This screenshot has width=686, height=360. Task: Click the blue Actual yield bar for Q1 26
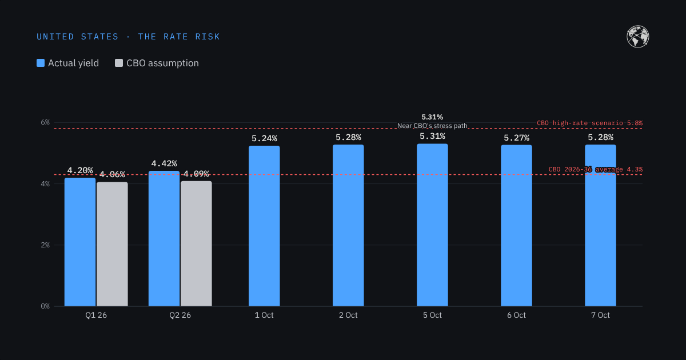pos(80,242)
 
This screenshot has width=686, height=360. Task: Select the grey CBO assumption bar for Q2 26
pos(196,243)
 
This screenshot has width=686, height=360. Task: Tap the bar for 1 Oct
pos(264,226)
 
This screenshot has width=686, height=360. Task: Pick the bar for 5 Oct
pos(432,225)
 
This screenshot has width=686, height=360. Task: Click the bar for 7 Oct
pos(600,225)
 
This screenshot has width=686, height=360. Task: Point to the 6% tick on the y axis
pos(45,122)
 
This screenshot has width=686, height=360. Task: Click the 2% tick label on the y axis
pos(45,245)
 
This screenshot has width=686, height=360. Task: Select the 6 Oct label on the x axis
pos(516,315)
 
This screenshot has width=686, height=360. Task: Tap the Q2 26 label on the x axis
pos(180,315)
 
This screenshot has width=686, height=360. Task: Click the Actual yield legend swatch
pos(41,63)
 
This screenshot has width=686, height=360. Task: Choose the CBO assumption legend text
pos(162,63)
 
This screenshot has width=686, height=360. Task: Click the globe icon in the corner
pos(637,37)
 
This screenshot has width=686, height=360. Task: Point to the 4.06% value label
pos(112,174)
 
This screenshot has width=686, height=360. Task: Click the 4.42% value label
pos(164,163)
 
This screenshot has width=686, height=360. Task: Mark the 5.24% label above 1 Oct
pos(264,138)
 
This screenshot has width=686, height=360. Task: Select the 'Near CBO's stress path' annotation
pos(432,126)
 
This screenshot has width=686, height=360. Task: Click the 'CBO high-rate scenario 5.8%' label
pos(589,123)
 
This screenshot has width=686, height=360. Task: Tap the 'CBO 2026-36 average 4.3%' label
pos(595,169)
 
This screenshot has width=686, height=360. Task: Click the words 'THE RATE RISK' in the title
pos(179,37)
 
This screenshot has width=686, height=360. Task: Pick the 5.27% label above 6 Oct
pos(517,138)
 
